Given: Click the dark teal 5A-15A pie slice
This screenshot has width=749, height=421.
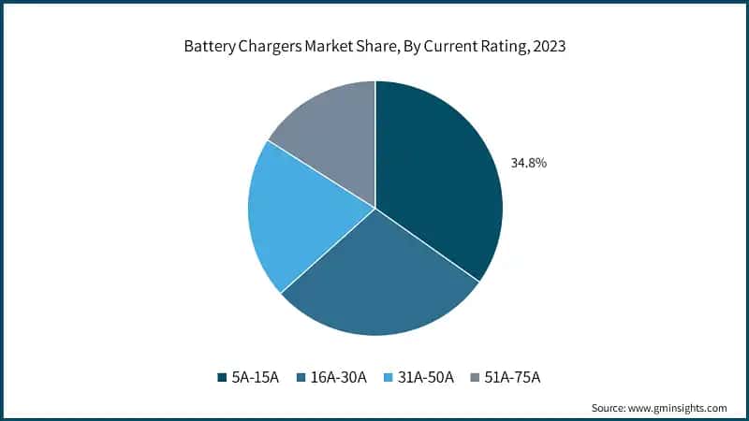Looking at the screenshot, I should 435,178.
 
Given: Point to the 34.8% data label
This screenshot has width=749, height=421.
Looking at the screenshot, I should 529,163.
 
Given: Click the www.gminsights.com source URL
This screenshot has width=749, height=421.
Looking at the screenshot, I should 678,408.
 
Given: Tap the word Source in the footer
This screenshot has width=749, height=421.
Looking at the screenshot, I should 609,408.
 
